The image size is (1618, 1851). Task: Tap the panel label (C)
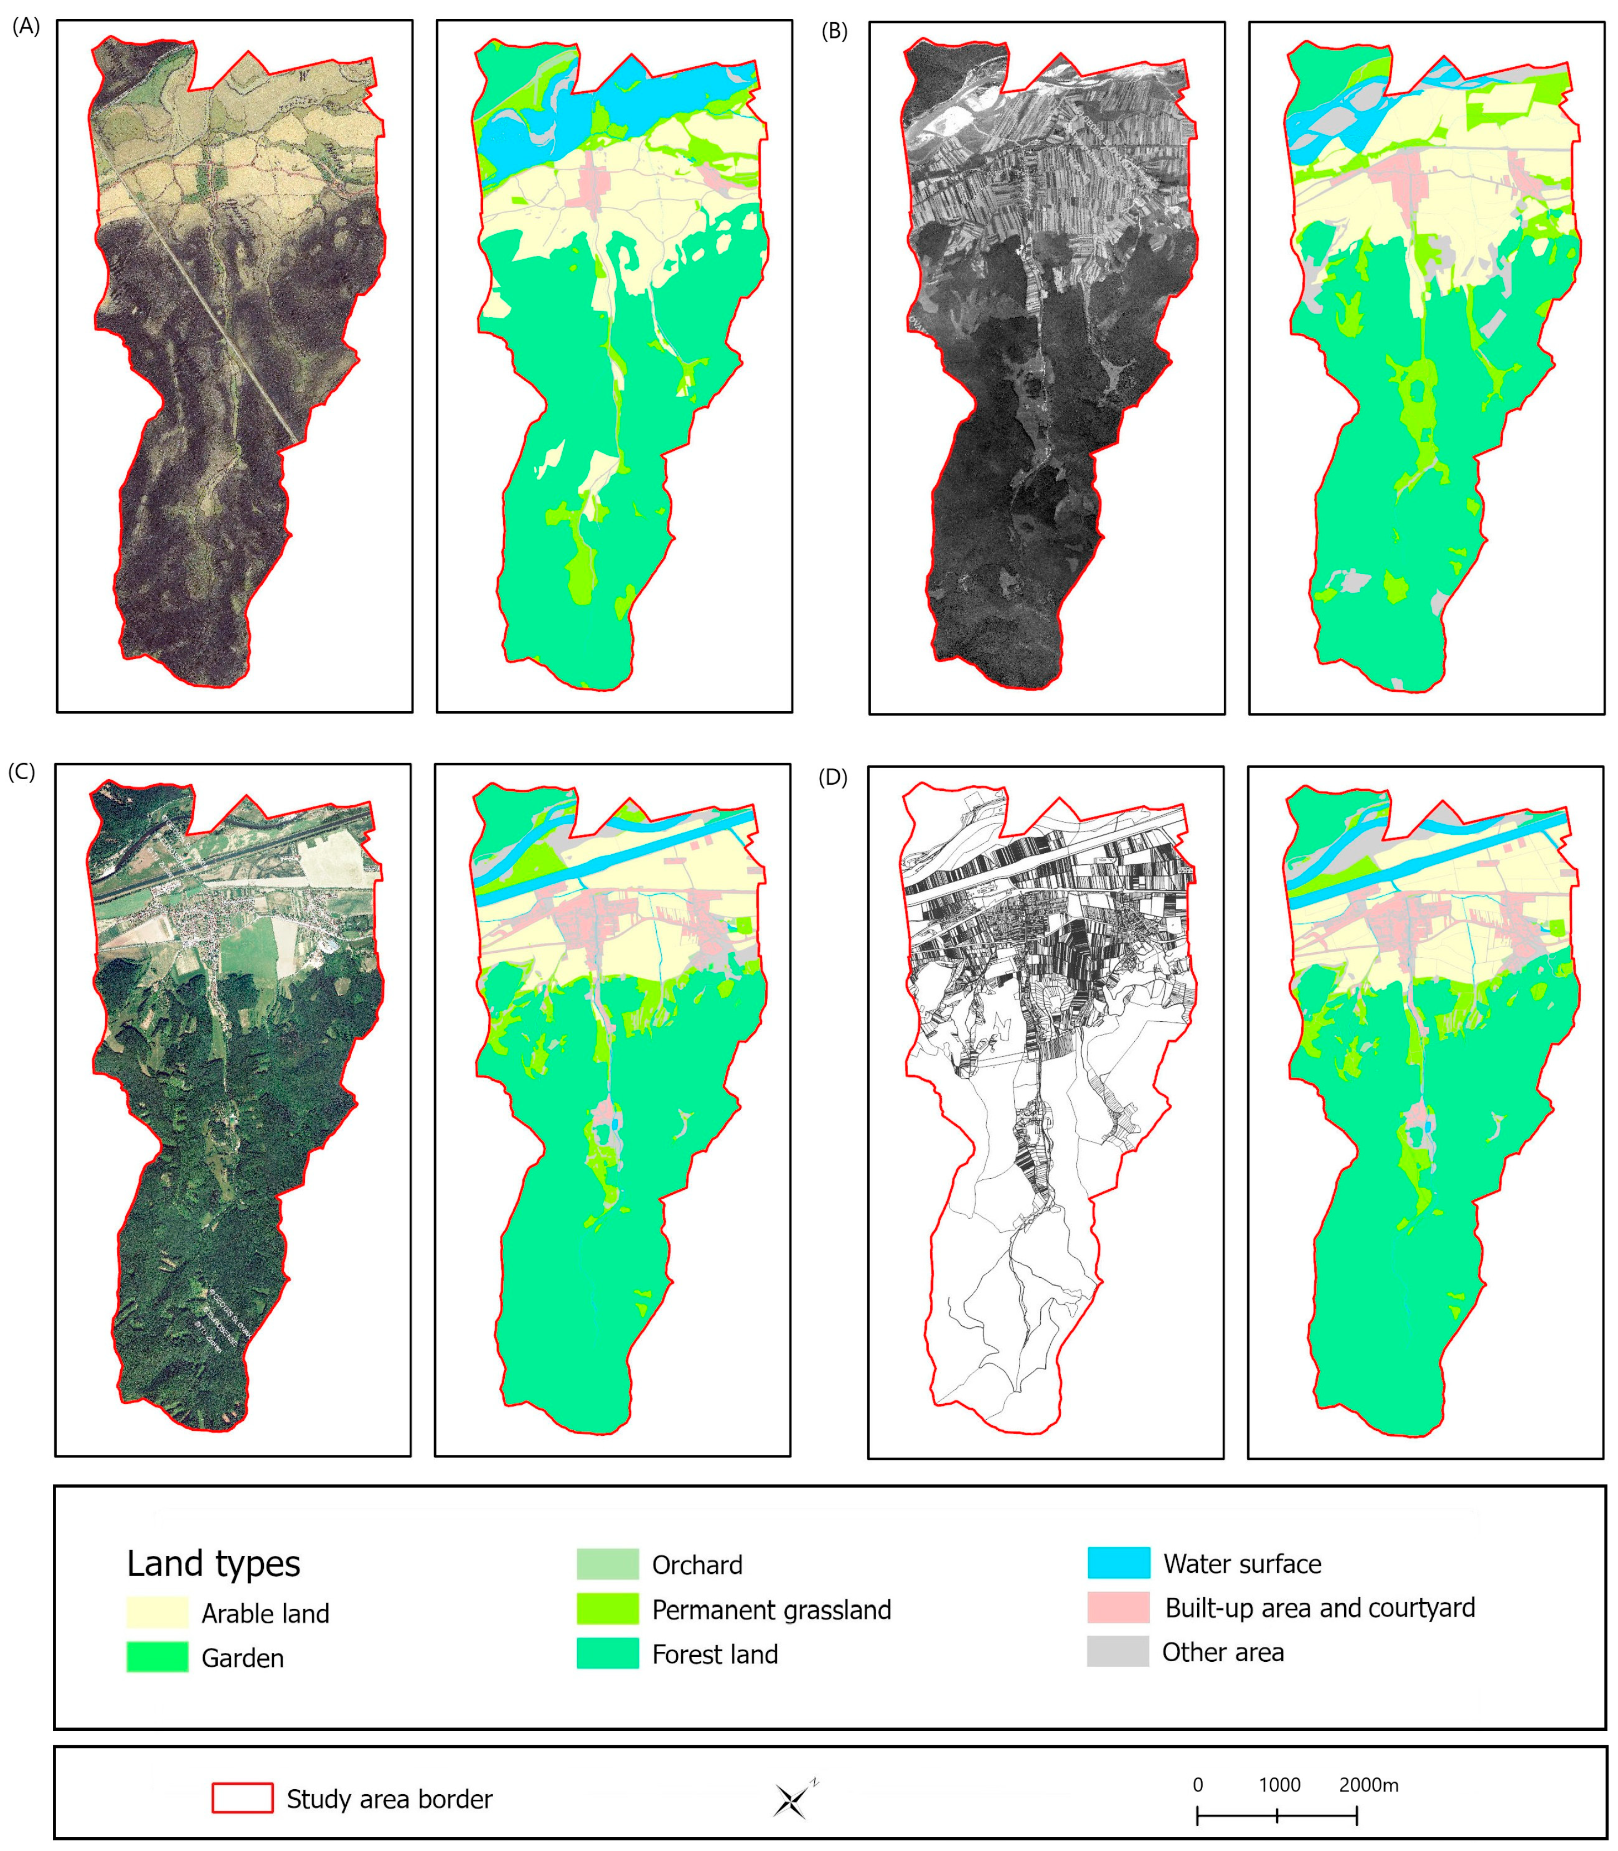click(22, 772)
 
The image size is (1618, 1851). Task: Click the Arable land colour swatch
click(157, 1613)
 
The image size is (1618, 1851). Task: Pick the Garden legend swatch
click(157, 1657)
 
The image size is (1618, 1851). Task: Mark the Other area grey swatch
click(1118, 1651)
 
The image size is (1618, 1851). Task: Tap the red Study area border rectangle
click(242, 1798)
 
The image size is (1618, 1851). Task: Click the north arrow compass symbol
click(792, 1800)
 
